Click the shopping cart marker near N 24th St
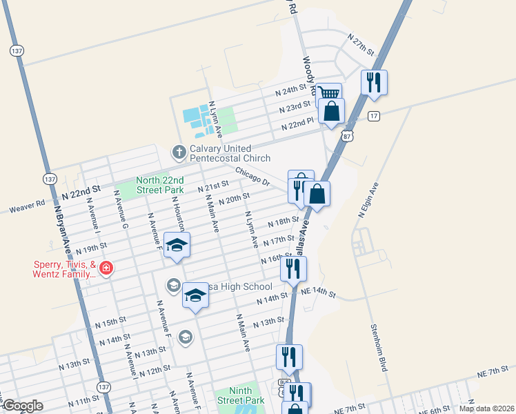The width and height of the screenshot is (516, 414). pyautogui.click(x=329, y=94)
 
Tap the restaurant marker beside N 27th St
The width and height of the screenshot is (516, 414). pyautogui.click(x=374, y=82)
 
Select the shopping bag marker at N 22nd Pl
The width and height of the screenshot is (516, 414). pyautogui.click(x=332, y=110)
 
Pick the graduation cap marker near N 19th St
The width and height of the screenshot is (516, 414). pyautogui.click(x=177, y=245)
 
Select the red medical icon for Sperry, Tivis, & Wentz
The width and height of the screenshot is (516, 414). pyautogui.click(x=106, y=268)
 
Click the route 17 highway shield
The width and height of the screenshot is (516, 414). pyautogui.click(x=373, y=115)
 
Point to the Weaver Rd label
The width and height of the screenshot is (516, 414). pyautogui.click(x=27, y=206)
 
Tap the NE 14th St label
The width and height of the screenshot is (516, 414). pyautogui.click(x=318, y=293)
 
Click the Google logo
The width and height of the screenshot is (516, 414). pyautogui.click(x=22, y=406)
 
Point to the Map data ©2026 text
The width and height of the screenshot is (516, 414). pyautogui.click(x=486, y=408)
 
